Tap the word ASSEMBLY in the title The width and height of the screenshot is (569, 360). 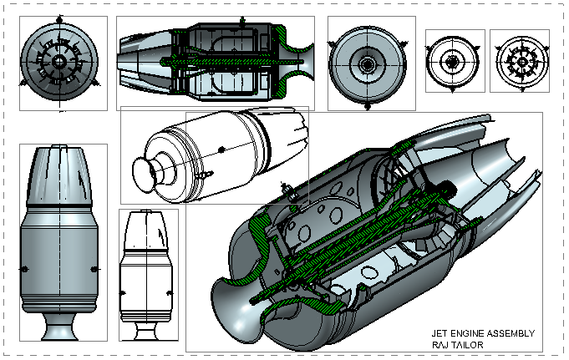click(511, 333)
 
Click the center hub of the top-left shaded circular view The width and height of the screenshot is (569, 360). click(61, 63)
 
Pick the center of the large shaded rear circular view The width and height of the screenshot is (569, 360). click(367, 63)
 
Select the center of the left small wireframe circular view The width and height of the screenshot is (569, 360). click(455, 61)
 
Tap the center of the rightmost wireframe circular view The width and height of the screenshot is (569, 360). click(519, 61)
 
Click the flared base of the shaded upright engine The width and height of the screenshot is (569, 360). click(63, 329)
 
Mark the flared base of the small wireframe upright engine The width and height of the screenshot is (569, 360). click(150, 329)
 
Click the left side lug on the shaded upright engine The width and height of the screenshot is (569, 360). click(24, 268)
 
